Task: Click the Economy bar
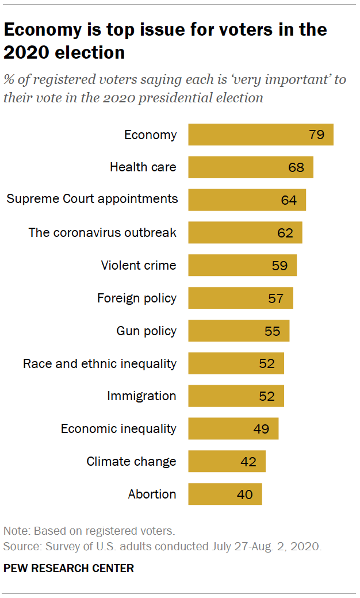point(261,135)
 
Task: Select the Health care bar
point(251,167)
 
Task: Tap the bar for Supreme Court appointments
point(247,200)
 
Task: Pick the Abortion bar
point(225,494)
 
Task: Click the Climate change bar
point(227,461)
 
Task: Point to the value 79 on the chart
point(316,135)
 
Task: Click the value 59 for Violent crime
point(280,266)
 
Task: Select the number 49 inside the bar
point(262,429)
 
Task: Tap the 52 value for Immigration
point(267,396)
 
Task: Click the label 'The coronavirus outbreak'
point(102,233)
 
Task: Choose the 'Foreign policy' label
point(137,298)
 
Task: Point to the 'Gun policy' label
point(146,331)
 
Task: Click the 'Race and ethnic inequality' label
point(99,363)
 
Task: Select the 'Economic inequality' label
point(118,428)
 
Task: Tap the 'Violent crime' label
point(139,266)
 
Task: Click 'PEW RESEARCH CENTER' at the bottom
point(68,568)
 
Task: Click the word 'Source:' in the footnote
point(21,546)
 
